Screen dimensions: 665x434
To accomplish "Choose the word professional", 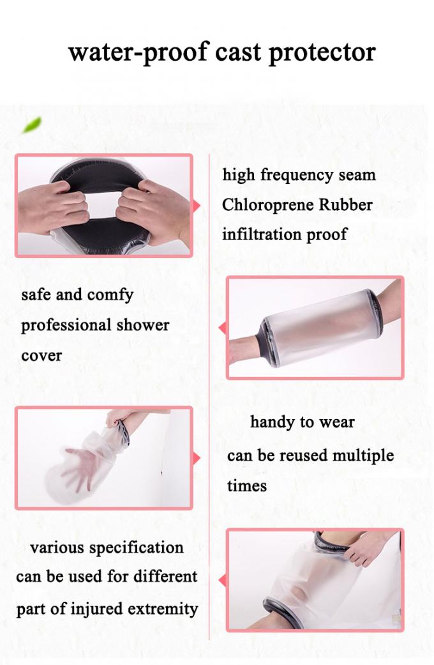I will pyautogui.click(x=68, y=325).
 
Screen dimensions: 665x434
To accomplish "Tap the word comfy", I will pyautogui.click(x=111, y=295).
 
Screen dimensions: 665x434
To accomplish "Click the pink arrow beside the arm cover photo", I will pyautogui.click(x=223, y=328).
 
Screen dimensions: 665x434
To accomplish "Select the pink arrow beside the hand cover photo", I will pyautogui.click(x=197, y=458).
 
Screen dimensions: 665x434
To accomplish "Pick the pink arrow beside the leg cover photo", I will pyautogui.click(x=223, y=580).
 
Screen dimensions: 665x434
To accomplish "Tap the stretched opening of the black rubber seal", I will pyautogui.click(x=103, y=204).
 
